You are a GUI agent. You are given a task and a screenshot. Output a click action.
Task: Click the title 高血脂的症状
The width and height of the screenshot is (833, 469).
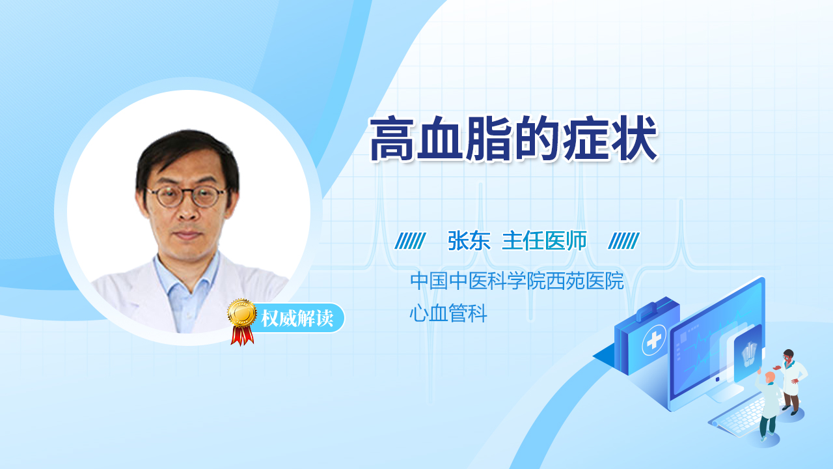[513, 139]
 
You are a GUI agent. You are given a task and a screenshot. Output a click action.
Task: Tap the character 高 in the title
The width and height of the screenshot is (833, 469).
[392, 139]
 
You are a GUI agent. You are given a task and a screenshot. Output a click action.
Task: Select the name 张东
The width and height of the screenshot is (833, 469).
[469, 241]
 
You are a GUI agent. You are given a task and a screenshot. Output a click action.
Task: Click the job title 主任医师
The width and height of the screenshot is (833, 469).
[545, 241]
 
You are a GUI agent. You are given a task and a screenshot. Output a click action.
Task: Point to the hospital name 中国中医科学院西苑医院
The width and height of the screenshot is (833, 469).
[517, 281]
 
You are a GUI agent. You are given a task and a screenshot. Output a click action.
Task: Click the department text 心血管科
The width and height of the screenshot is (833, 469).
[448, 313]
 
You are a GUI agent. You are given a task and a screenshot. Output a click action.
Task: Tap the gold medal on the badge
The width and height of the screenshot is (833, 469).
[242, 313]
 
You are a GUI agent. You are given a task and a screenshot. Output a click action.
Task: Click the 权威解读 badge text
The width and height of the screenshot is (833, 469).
[297, 319]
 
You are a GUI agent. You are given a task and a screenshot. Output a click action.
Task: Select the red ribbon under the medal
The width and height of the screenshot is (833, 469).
[242, 335]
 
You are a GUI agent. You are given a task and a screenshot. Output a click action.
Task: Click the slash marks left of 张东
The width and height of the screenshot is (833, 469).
[410, 241]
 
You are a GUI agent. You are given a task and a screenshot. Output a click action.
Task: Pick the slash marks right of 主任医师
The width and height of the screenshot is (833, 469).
[623, 241]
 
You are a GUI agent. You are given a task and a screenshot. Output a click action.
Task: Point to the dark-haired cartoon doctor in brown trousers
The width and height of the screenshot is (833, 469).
[791, 382]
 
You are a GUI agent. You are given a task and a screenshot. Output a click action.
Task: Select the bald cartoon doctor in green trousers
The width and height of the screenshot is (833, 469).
[768, 406]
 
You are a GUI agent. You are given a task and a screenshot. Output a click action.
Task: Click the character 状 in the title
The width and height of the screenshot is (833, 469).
[635, 139]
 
